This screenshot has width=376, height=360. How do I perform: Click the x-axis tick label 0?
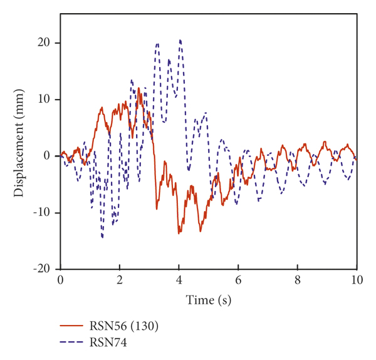click(61, 280)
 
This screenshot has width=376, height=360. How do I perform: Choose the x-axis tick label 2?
click(120, 280)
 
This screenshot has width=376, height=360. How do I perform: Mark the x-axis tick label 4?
click(179, 280)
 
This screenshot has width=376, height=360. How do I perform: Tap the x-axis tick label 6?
click(239, 280)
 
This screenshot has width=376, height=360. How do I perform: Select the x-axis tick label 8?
click(298, 280)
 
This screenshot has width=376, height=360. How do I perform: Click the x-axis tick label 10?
click(357, 280)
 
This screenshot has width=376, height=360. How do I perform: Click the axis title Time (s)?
click(209, 301)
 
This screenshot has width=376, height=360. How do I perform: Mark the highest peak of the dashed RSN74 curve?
click(180, 40)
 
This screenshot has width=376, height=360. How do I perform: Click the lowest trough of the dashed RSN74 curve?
click(102, 237)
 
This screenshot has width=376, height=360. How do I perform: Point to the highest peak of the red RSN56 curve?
click(138, 88)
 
